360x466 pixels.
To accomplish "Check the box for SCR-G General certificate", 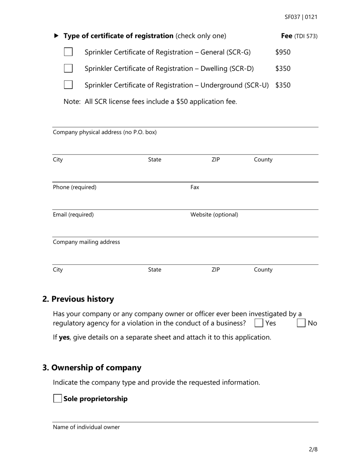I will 68,52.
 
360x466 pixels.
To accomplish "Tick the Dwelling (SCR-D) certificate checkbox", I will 68,68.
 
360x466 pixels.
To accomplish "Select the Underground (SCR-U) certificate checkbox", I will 68,84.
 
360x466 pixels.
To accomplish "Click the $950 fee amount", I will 283,52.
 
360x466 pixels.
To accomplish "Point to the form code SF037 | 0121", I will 301,17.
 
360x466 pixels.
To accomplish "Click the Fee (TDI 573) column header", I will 299,36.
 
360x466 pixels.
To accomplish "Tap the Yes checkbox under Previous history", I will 259,323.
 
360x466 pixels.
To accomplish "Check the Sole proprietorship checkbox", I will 58,399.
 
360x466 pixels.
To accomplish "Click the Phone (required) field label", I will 75,187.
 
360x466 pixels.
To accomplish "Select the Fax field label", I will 194,187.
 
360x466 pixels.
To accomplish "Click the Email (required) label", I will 73,215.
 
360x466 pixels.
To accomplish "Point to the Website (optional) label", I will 214,215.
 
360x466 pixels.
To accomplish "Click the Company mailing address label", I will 86,242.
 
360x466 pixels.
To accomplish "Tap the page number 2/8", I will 313,450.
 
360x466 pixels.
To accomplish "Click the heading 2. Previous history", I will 78,299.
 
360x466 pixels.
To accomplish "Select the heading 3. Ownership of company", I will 92,368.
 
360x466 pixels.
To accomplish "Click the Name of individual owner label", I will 86,427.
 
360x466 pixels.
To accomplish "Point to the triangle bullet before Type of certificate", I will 56,36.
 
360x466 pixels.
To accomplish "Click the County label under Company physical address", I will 263,160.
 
